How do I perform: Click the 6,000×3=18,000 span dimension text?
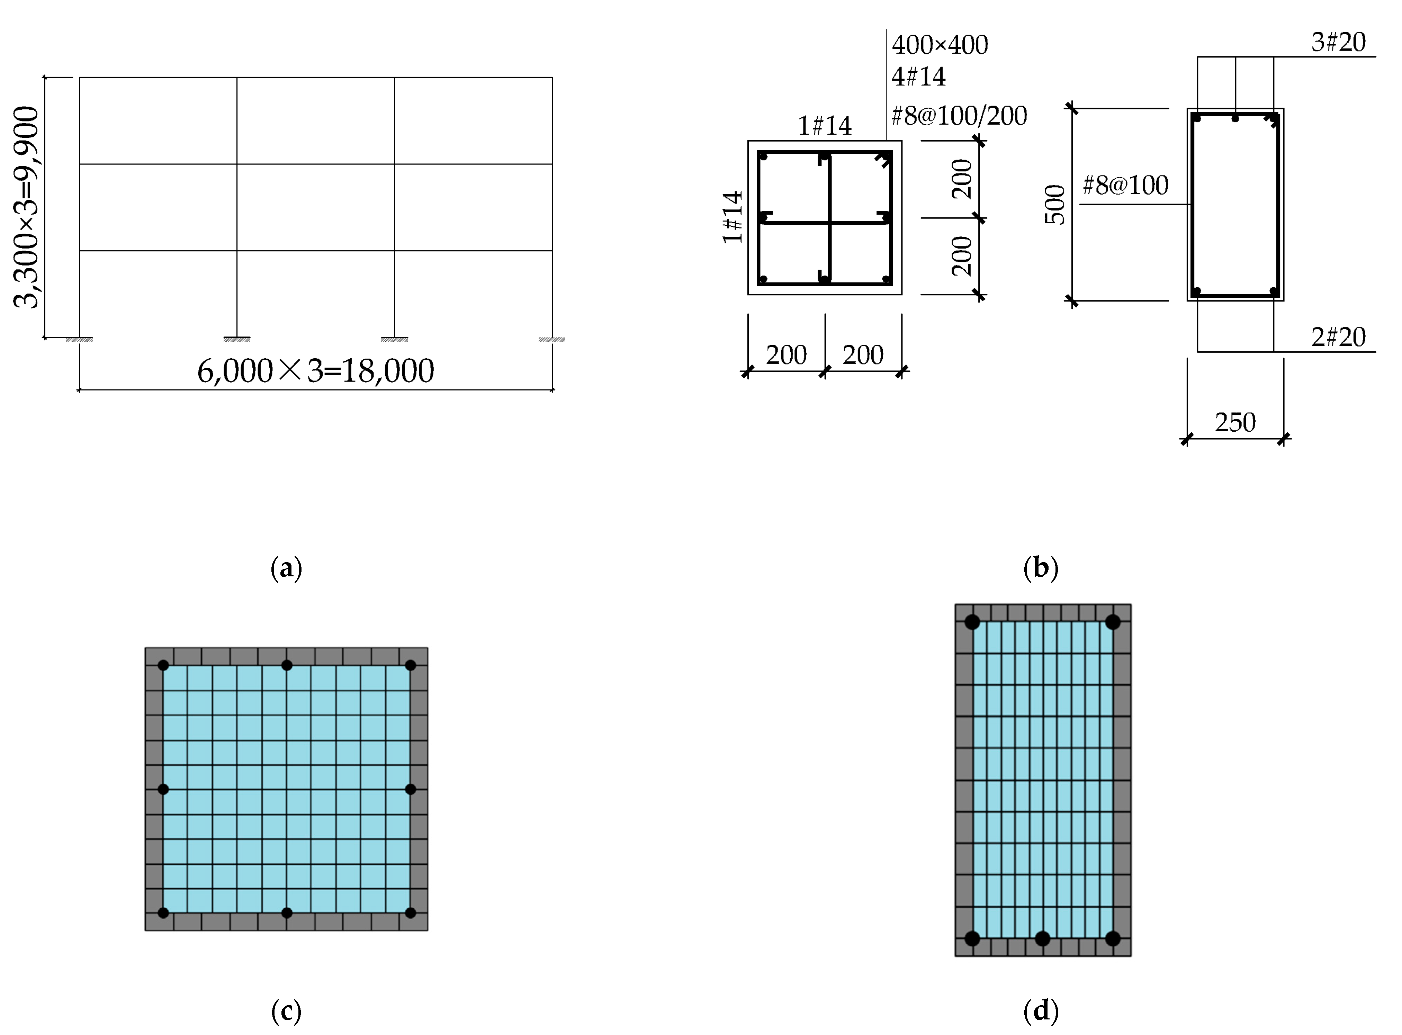tap(315, 371)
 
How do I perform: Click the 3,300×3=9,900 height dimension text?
tap(26, 207)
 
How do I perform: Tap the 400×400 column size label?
tap(940, 45)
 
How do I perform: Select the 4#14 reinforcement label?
tap(918, 76)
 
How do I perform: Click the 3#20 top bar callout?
tap(1338, 42)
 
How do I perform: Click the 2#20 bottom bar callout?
tap(1338, 337)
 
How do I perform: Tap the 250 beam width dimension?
tap(1235, 422)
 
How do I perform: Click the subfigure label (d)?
tap(1041, 1010)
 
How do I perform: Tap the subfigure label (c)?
tap(286, 1010)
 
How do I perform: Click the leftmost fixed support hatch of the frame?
tap(80, 340)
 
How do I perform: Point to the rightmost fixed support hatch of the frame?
tap(552, 340)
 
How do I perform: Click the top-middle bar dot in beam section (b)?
tap(1235, 118)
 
